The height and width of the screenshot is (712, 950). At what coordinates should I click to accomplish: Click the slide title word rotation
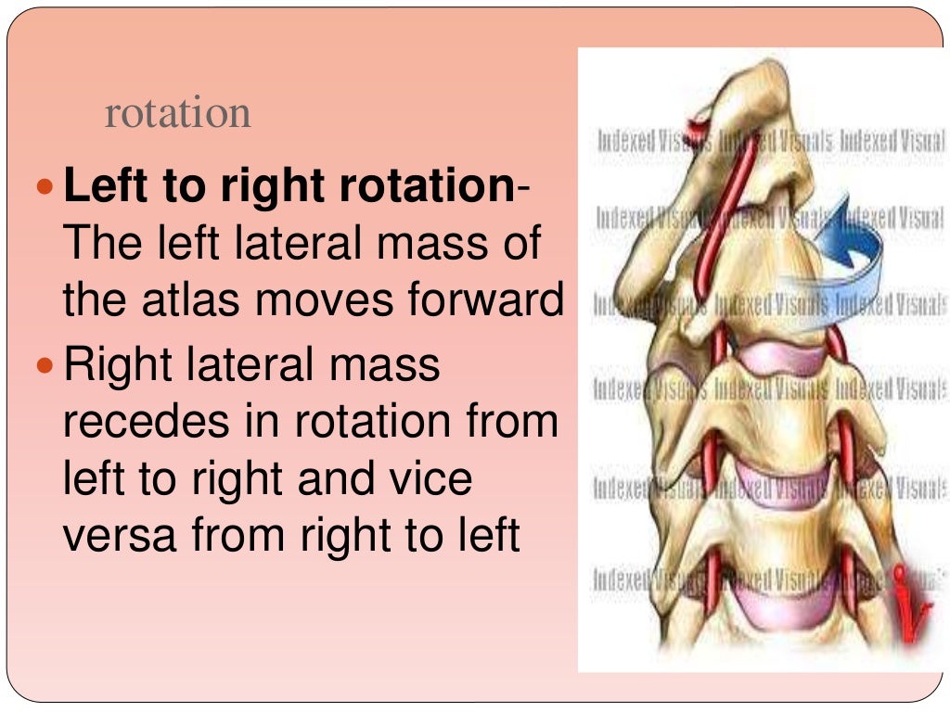point(178,114)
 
